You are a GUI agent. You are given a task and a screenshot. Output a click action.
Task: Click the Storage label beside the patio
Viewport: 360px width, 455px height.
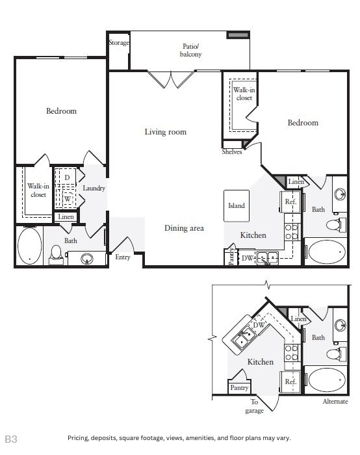(119, 43)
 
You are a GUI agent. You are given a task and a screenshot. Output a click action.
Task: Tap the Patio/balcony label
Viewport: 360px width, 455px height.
(191, 50)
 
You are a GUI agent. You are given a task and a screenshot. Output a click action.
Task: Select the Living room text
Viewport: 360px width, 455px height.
(165, 132)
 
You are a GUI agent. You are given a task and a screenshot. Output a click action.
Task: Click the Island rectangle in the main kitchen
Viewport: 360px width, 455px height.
(236, 205)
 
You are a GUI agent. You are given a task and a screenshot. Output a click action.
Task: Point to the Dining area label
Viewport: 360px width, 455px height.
(184, 228)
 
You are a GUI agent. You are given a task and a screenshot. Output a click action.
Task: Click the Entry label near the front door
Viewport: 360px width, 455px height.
(122, 257)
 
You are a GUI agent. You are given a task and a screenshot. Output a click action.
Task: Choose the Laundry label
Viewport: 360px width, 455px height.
(94, 188)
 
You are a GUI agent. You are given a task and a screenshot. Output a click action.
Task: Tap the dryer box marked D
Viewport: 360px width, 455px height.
(67, 177)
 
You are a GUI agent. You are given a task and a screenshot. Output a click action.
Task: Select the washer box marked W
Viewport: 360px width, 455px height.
(67, 199)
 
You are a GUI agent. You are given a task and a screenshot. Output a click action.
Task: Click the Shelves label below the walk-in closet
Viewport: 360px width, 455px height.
(232, 152)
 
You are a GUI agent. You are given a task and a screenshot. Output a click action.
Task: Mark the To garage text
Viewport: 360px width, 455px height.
(254, 407)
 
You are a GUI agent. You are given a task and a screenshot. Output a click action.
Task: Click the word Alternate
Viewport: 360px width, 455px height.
(335, 402)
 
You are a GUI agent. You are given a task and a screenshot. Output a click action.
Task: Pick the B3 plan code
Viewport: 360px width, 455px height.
(11, 439)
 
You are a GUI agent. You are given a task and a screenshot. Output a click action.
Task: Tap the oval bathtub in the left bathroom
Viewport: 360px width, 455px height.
(29, 246)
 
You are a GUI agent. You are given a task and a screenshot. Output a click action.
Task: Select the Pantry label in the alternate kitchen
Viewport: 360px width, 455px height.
(238, 387)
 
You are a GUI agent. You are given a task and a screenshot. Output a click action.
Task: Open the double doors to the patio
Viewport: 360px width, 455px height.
(171, 80)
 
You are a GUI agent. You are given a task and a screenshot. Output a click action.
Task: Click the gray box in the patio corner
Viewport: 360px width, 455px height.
(238, 34)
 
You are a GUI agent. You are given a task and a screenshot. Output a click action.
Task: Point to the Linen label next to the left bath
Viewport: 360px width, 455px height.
(66, 217)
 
